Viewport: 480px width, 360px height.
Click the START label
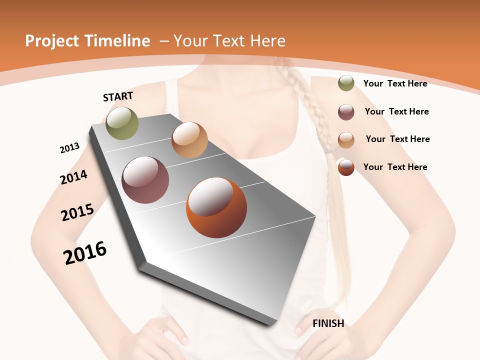[118, 96]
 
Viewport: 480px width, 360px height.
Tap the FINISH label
[328, 323]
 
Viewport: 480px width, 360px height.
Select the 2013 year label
[69, 147]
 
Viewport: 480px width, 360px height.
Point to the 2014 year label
[73, 177]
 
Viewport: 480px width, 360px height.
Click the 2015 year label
[77, 212]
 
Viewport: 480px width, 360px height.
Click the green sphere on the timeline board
[122, 123]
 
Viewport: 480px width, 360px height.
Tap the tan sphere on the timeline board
[189, 140]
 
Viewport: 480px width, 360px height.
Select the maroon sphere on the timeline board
[145, 180]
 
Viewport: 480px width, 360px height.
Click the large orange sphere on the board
[216, 207]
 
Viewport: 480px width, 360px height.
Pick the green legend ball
[346, 83]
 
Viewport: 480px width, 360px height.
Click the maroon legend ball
[346, 112]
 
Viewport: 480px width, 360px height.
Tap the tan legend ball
[346, 140]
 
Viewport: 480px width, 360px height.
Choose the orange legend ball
[346, 167]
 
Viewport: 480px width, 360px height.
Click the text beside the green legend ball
[395, 83]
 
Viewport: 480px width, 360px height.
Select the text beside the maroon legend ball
[396, 111]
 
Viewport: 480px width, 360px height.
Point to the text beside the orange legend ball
[395, 167]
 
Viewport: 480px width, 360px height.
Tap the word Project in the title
[52, 41]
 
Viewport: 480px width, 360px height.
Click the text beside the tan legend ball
[397, 139]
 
